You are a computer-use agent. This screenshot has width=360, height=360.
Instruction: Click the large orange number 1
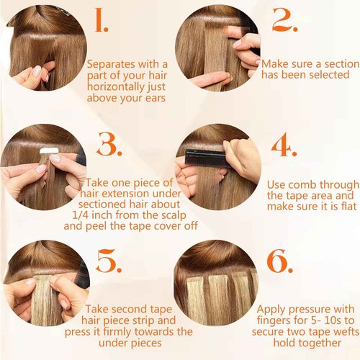click(x=102, y=22)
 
